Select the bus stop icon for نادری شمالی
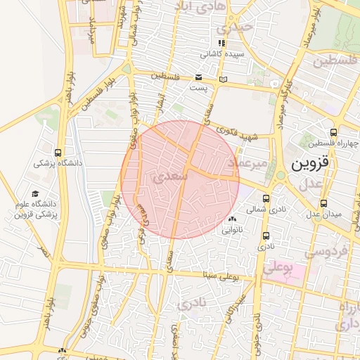tap(265, 198)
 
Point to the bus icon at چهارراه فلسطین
tap(333, 132)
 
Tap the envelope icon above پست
tap(198, 77)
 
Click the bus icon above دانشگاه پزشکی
tap(58, 153)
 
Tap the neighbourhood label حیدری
tap(233, 29)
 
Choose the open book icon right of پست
tap(224, 79)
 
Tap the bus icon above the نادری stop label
tap(265, 236)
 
